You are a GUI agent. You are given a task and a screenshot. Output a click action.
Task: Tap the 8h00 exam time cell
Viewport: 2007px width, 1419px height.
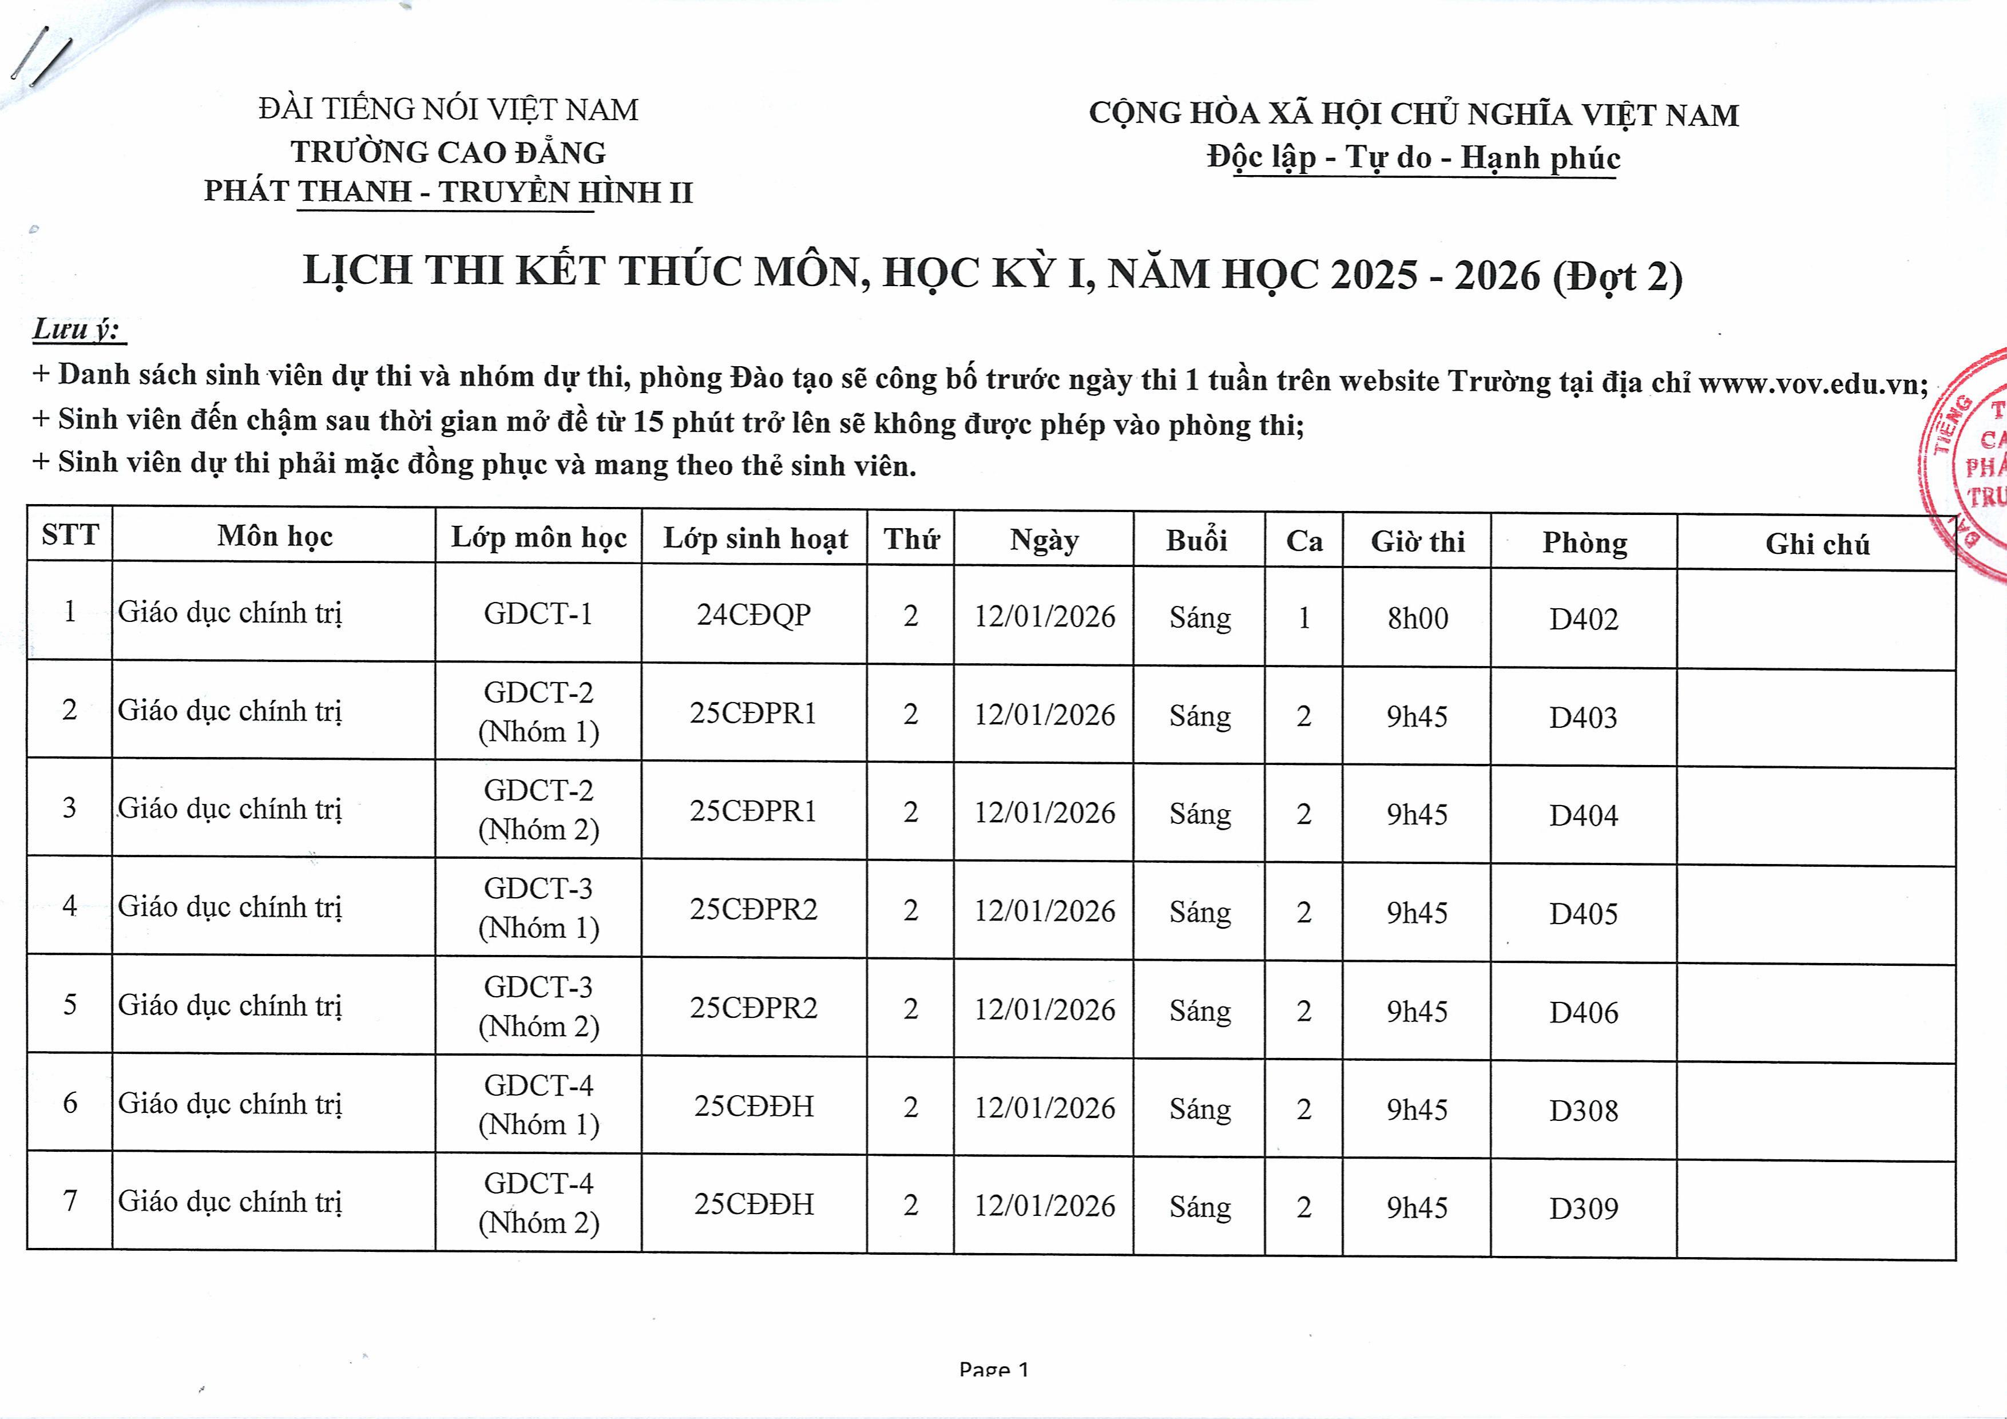click(x=1417, y=618)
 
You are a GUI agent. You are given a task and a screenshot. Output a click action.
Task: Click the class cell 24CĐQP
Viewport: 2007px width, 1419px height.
click(x=753, y=615)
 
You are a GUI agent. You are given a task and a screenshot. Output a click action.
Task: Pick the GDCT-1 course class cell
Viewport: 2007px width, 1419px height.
click(x=538, y=614)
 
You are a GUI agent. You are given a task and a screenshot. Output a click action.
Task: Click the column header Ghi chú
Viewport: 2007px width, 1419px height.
click(x=1816, y=544)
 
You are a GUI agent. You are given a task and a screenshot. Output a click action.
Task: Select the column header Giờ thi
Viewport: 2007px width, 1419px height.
click(x=1417, y=541)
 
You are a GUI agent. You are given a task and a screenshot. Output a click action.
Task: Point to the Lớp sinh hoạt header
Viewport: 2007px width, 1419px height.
click(x=755, y=538)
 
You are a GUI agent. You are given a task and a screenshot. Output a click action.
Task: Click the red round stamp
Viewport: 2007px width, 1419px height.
click(x=1967, y=463)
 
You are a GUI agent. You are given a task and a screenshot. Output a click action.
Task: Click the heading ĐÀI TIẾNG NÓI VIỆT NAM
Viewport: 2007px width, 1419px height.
click(x=449, y=109)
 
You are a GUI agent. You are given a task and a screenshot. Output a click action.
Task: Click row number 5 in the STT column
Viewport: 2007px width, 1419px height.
click(x=70, y=1004)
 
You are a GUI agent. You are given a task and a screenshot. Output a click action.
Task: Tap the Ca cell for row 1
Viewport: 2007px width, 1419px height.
click(x=1303, y=618)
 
